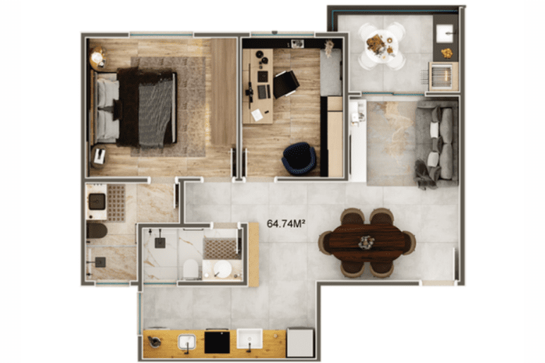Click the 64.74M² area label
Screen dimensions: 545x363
coord(286,224)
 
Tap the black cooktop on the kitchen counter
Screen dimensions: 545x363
coord(217,342)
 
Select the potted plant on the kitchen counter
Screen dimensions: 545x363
coord(155,341)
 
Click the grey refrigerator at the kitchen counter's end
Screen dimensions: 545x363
coord(300,343)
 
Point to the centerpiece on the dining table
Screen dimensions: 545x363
coord(366,242)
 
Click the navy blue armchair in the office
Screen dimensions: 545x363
coord(299,159)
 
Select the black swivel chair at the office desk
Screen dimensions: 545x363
coord(286,84)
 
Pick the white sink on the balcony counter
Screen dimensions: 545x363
coord(445,33)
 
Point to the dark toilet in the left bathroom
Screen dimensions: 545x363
coord(97,230)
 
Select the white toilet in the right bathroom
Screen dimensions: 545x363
coord(190,269)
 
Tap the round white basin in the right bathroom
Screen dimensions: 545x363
coord(222,270)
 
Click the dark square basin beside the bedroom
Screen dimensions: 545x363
coord(97,201)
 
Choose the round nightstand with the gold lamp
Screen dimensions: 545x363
coord(98,57)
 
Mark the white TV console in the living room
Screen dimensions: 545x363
coord(358,140)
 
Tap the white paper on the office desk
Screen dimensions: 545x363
coord(258,114)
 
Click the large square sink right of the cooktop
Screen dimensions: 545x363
coord(250,339)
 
